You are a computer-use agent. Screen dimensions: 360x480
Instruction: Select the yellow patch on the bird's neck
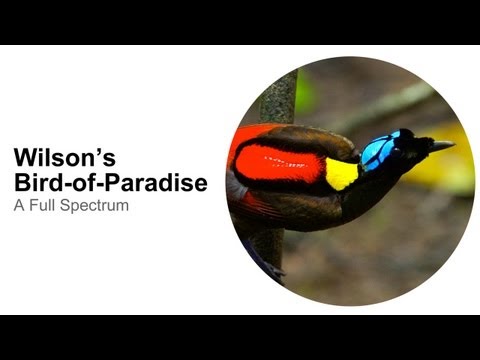tap(341, 173)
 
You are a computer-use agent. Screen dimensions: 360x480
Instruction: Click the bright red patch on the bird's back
tap(280, 161)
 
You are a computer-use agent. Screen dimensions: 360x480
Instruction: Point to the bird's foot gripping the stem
tap(271, 267)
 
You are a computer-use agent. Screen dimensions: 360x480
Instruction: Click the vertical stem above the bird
tap(282, 95)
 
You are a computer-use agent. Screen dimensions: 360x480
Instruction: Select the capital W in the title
tap(24, 159)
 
